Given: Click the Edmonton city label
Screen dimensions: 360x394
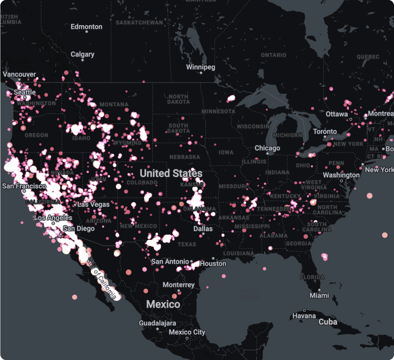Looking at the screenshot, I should [86, 27].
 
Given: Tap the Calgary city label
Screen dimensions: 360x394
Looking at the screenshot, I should [83, 54].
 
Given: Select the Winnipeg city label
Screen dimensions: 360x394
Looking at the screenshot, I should [200, 67].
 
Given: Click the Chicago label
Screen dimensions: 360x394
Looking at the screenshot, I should [267, 148].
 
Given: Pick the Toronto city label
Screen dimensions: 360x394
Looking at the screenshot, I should [325, 131].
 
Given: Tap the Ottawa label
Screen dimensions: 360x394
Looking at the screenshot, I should [337, 114].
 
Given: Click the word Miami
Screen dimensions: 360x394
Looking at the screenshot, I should [319, 295].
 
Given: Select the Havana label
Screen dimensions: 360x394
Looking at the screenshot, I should [304, 316].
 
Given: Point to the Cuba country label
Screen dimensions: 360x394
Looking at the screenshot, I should [328, 322].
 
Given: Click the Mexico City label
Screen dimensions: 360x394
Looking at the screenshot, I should [187, 332].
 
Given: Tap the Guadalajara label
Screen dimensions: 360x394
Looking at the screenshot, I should [157, 323].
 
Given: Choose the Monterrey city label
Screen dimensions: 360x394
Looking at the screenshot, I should [179, 285].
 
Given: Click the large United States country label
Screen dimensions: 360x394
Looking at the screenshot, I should [171, 173].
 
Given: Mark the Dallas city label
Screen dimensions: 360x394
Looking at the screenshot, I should [203, 229].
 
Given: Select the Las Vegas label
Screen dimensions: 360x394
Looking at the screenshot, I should [93, 204].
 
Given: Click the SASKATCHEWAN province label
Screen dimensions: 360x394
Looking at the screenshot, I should [139, 22].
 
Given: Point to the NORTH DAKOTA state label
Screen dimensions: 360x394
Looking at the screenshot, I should [179, 99].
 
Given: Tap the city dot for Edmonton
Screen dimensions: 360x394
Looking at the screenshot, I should [87, 32].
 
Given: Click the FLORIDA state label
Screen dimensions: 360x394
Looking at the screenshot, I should [312, 277].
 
